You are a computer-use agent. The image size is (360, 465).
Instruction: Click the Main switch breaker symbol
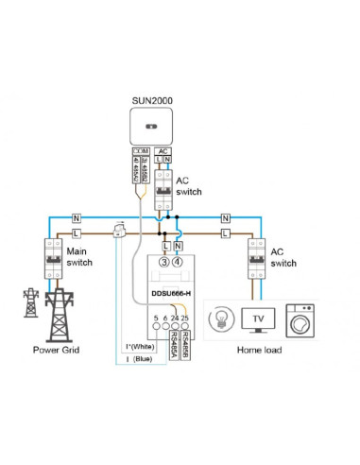tap(48, 257)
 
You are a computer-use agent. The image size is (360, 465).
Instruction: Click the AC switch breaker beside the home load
tap(254, 257)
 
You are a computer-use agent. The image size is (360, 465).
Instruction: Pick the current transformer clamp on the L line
tap(121, 232)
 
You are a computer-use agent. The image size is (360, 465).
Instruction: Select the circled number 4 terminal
tap(179, 262)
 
